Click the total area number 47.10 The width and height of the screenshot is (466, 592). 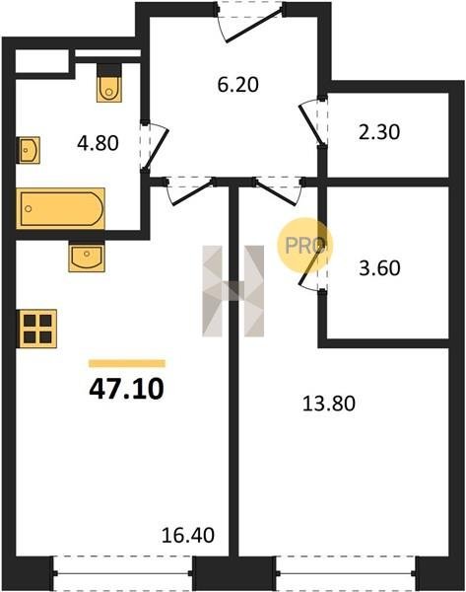click(x=126, y=390)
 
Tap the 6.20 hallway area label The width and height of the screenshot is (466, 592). click(x=237, y=85)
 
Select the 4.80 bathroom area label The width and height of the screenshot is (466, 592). click(x=98, y=143)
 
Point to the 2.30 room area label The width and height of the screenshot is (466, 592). click(x=379, y=132)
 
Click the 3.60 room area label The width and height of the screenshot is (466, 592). click(x=379, y=268)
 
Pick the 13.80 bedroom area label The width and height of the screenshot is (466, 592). click(x=329, y=404)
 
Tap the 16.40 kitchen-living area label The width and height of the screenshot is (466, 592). click(x=188, y=535)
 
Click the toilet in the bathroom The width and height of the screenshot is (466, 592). click(x=109, y=83)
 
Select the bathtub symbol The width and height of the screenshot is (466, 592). click(x=60, y=208)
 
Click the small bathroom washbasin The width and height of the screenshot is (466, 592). click(x=29, y=150)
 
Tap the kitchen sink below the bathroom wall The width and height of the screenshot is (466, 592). click(x=87, y=257)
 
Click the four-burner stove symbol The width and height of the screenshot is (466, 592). click(x=37, y=329)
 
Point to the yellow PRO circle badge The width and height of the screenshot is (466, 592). click(x=304, y=246)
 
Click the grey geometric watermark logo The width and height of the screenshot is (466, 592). click(x=233, y=291)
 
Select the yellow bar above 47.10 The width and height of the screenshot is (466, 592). click(x=127, y=363)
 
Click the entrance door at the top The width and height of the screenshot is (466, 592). click(x=250, y=23)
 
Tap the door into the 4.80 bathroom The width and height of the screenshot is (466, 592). click(x=154, y=146)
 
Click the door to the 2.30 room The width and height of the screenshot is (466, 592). click(x=313, y=121)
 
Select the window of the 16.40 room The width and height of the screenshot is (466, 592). click(x=122, y=573)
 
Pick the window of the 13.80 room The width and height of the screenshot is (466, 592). click(x=346, y=573)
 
